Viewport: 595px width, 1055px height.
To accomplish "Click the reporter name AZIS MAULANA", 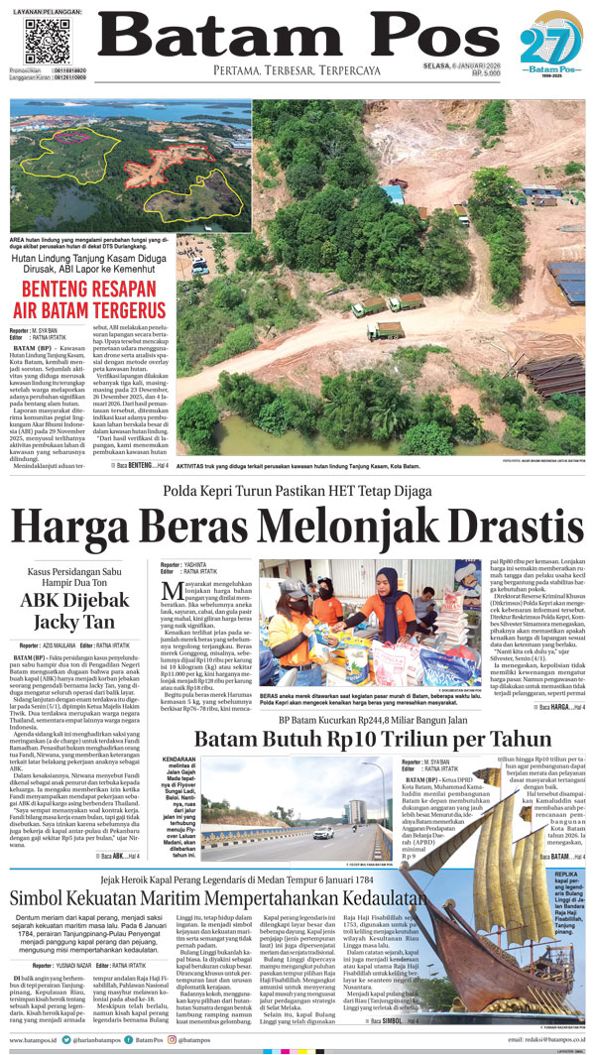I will tap(61, 645).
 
